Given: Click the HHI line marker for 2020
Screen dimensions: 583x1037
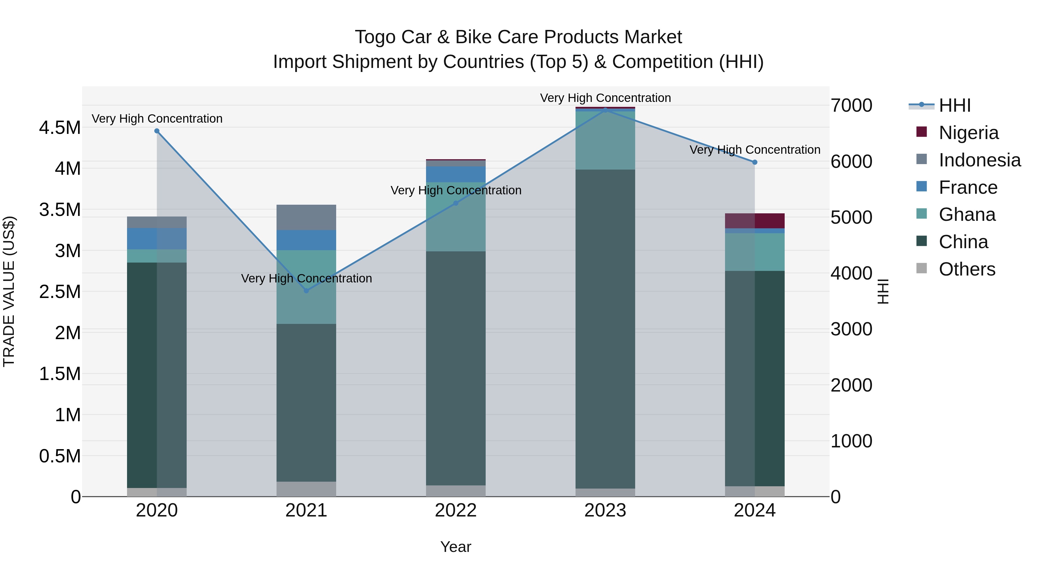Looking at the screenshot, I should [x=157, y=131].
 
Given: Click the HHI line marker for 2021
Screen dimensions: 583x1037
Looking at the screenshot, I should [x=306, y=290].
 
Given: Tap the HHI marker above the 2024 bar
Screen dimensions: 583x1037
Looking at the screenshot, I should [x=755, y=162].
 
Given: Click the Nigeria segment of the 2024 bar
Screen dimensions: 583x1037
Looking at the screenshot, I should [x=755, y=221].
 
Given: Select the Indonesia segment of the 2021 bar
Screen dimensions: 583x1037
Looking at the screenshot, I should [x=306, y=217].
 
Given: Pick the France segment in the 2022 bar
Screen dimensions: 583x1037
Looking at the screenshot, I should [x=456, y=174].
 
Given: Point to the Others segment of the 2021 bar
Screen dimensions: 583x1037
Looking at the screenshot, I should [x=306, y=489].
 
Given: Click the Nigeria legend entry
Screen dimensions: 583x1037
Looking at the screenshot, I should [x=968, y=132].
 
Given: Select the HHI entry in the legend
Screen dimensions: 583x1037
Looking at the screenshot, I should [x=954, y=105].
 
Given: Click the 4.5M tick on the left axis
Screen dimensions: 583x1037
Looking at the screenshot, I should [x=60, y=128].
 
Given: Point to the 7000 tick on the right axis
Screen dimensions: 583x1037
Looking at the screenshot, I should [x=851, y=105].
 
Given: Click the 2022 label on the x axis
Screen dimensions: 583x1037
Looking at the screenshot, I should [x=456, y=510].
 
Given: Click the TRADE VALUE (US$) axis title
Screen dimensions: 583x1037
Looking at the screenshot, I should [x=9, y=291].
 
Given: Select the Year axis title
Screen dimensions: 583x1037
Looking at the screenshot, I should [x=456, y=547].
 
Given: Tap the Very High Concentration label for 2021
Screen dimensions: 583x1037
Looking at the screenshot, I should [x=306, y=278].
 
